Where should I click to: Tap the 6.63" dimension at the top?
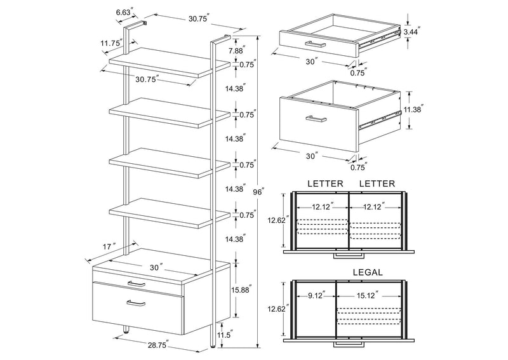tap(124, 13)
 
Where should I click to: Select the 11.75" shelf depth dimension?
tap(112, 43)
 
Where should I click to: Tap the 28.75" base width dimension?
tap(157, 345)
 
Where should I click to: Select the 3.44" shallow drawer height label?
tap(411, 32)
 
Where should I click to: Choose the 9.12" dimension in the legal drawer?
tap(316, 295)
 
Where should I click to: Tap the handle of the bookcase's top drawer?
tap(137, 284)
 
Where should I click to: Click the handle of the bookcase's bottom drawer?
tap(136, 303)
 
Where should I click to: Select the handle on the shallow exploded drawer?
tap(316, 44)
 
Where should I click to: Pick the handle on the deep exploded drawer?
tap(316, 119)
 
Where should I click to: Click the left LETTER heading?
tap(325, 183)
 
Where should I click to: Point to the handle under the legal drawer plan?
tap(349, 344)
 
